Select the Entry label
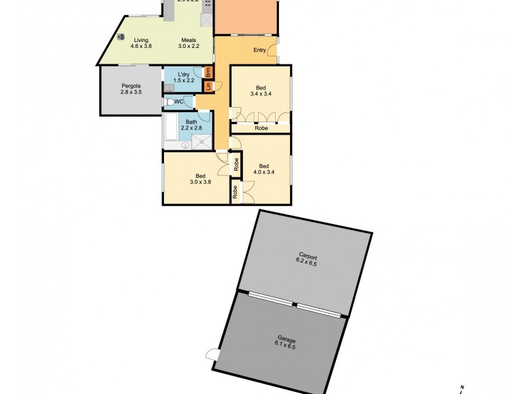pos(260,51)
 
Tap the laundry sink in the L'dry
pos(169,87)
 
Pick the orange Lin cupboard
pos(208,85)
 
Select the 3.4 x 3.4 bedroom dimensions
pos(261,94)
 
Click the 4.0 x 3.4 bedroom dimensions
pos(263,173)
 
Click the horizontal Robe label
pos(261,128)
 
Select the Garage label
pos(286,339)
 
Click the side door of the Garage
pos(211,355)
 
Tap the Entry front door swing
pos(272,51)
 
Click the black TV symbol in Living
pos(122,38)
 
